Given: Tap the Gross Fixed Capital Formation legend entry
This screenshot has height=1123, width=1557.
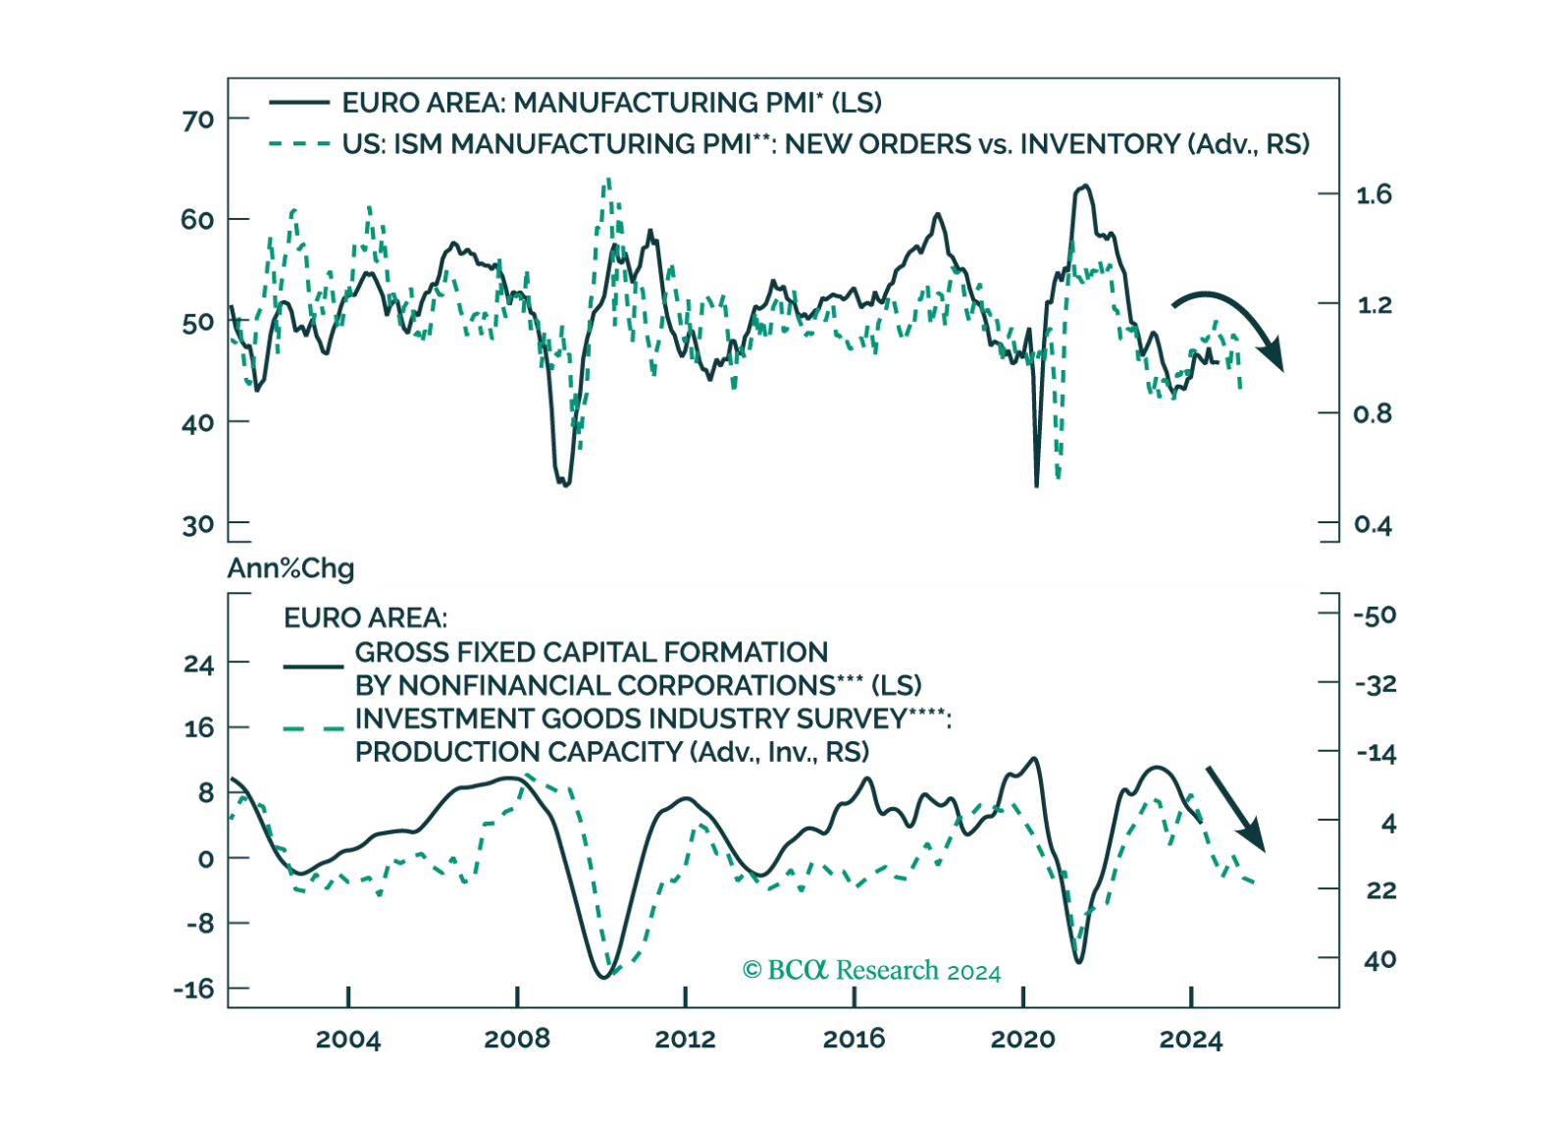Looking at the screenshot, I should [638, 668].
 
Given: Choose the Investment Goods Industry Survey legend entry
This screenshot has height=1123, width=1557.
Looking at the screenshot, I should [652, 721].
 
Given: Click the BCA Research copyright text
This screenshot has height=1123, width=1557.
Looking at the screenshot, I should [872, 971].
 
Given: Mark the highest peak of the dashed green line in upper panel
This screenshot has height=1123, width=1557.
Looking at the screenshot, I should [607, 179].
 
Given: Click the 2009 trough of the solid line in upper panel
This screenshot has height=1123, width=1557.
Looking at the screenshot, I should [564, 486].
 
